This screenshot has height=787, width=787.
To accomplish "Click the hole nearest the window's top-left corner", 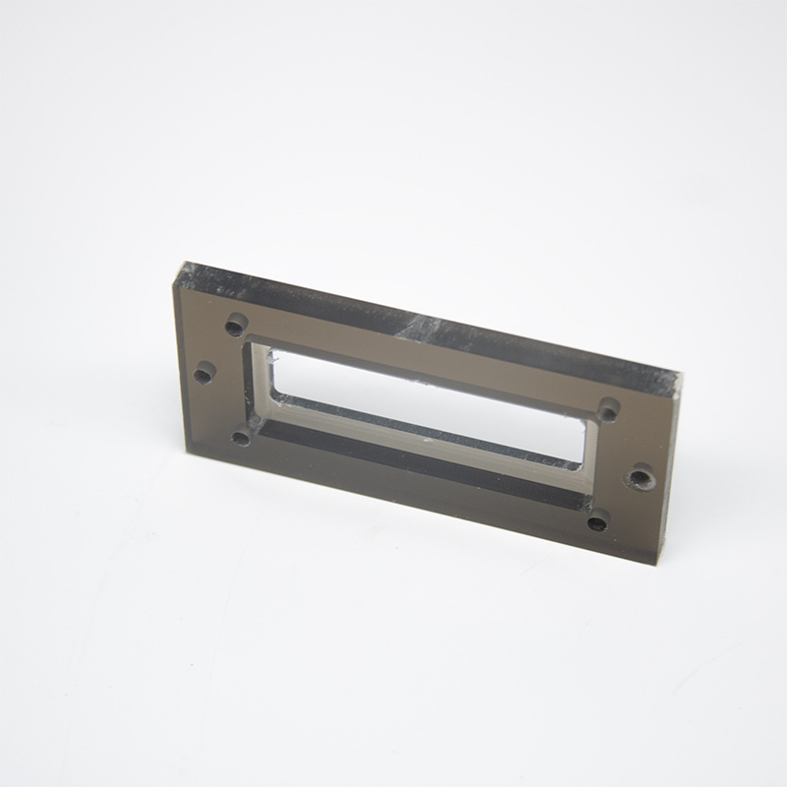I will [x=236, y=324].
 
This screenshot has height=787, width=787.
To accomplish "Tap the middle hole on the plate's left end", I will [x=204, y=374].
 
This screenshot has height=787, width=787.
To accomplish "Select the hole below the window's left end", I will [x=240, y=437].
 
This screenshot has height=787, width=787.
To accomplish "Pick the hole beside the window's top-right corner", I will [x=609, y=408].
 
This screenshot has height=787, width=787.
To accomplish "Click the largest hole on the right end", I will [x=640, y=479].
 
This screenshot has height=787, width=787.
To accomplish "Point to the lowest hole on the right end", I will [x=597, y=522].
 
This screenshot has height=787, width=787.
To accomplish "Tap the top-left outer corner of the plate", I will [x=180, y=264].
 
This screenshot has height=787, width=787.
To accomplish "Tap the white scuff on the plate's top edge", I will [x=423, y=323].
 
